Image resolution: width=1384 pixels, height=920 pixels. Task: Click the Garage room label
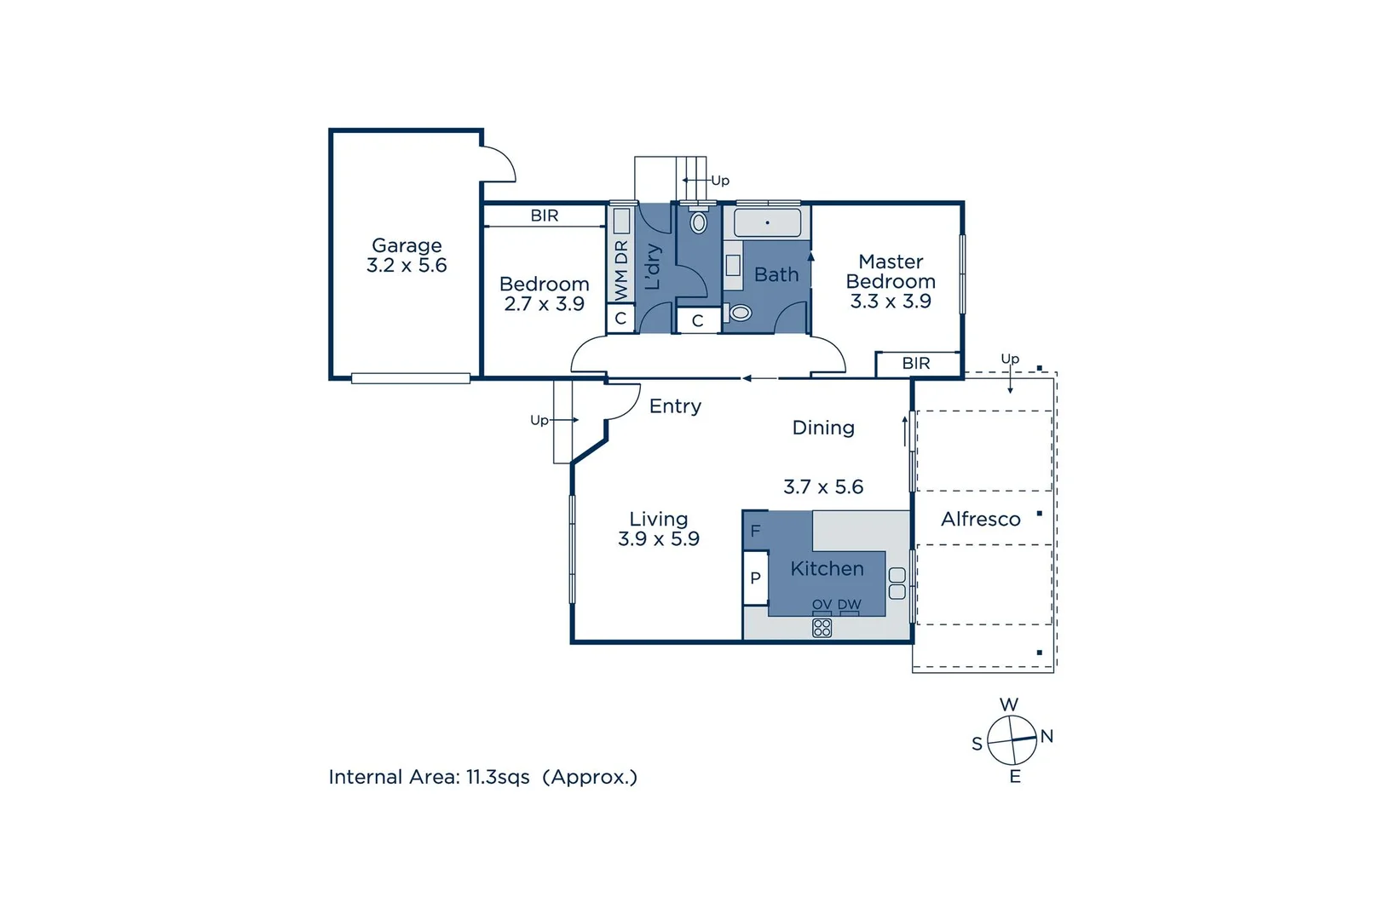point(407,246)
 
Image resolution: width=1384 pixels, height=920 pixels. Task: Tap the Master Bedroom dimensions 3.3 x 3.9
point(891,302)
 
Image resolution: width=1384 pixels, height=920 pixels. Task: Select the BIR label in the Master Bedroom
point(916,364)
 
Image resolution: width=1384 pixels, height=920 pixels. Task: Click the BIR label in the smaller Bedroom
point(545,216)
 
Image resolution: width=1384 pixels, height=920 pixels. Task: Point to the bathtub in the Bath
point(767,223)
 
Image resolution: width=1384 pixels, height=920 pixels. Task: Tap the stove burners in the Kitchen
point(822,629)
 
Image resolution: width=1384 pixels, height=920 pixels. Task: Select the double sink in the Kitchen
point(897,584)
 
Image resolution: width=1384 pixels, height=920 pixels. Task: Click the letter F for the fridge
point(755,532)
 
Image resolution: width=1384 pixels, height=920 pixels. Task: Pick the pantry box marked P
point(755,578)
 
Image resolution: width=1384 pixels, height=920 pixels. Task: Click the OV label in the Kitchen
point(822,605)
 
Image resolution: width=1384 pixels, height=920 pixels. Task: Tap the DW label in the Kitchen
point(849,605)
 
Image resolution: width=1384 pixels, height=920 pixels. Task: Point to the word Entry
point(675,407)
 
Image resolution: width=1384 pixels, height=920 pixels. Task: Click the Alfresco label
point(980,520)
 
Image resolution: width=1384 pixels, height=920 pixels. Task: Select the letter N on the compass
point(1047,737)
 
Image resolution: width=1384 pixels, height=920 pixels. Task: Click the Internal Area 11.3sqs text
point(482,778)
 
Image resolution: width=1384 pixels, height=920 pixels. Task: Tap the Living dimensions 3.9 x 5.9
point(659,539)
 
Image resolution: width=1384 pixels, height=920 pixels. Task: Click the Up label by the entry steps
point(539,421)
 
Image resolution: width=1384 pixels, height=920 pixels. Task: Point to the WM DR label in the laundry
point(621,270)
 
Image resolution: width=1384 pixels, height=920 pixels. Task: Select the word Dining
point(823,428)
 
